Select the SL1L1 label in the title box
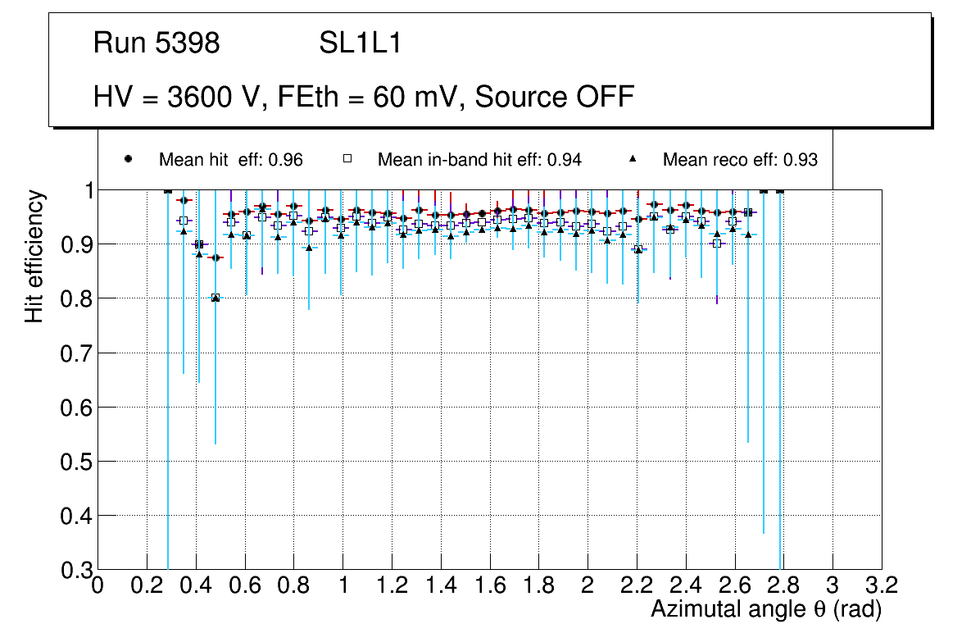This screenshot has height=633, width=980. coord(360,44)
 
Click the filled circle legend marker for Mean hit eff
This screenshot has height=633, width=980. coord(128,159)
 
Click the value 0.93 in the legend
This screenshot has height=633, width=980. coord(801,160)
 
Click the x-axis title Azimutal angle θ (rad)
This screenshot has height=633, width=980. coord(766,609)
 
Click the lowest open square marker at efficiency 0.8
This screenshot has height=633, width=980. coord(216,298)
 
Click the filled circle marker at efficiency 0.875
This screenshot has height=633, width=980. coord(216,257)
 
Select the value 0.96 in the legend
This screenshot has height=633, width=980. coord(286,160)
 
